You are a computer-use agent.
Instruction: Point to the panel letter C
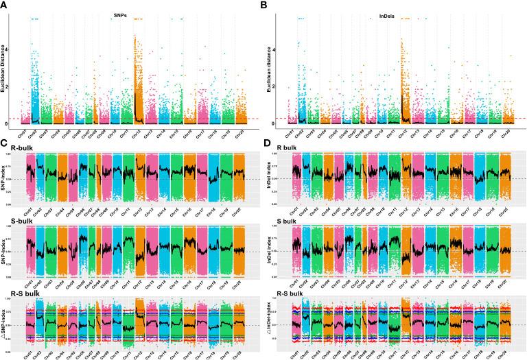coord(5,145)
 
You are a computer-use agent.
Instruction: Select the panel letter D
coord(269,145)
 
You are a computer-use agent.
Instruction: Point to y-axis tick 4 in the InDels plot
coord(274,49)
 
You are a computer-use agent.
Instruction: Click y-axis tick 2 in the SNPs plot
coord(10,86)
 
